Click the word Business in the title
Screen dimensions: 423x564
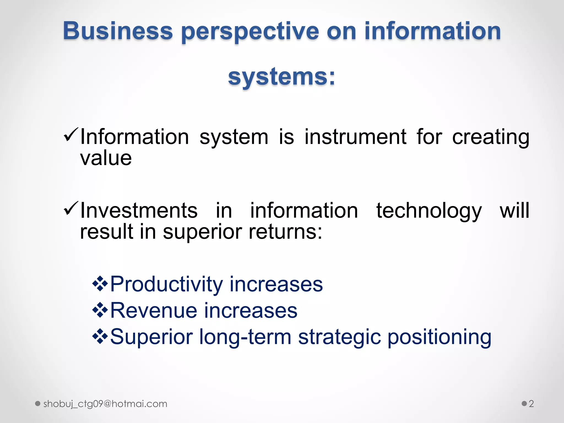coord(118,31)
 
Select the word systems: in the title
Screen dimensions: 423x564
coord(282,77)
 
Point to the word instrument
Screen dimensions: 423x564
coord(355,137)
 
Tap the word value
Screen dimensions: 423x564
coord(106,158)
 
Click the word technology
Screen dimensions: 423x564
coord(429,211)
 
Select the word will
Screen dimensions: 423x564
coord(514,210)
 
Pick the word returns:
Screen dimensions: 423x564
coord(285,232)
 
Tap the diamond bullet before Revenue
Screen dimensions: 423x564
coord(100,310)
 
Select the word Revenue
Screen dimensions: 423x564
coord(154,311)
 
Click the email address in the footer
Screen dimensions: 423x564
coord(105,404)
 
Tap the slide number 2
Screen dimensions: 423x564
coord(531,404)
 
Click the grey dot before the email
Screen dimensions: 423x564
coord(38,404)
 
